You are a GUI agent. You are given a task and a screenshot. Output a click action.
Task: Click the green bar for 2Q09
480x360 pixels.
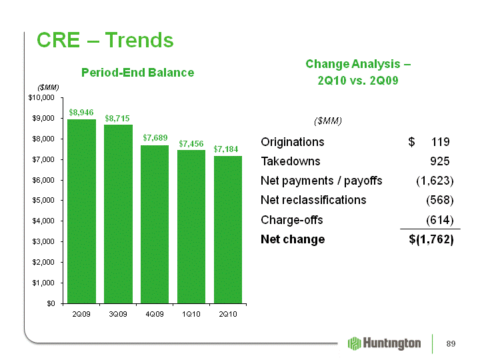[81, 211]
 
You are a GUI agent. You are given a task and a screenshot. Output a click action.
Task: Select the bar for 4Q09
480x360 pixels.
[155, 225]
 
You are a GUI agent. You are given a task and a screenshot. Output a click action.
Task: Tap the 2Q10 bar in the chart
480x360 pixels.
[228, 229]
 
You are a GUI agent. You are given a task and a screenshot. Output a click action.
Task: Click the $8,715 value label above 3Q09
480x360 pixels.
[117, 119]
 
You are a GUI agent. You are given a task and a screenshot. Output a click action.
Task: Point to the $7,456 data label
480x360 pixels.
[191, 143]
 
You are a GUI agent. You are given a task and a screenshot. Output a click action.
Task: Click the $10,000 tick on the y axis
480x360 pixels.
[41, 97]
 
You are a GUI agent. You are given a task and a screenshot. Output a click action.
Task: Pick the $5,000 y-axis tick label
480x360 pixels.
[43, 200]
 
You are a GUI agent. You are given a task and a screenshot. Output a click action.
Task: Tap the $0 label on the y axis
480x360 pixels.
[51, 303]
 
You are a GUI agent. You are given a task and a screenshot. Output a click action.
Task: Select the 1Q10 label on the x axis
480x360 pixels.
[191, 314]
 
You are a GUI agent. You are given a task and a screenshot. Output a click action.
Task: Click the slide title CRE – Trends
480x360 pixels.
[105, 40]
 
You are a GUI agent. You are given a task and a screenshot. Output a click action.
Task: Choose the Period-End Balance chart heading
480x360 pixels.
[138, 73]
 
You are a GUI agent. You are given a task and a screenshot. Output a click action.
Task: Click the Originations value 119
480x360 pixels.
[441, 142]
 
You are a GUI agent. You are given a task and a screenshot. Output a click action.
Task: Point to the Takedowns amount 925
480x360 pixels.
[440, 161]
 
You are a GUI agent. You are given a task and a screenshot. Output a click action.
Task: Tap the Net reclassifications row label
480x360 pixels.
[313, 200]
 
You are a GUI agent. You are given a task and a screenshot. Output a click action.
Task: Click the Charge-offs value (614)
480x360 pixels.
[440, 220]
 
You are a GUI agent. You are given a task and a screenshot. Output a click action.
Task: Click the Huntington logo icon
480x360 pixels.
[355, 343]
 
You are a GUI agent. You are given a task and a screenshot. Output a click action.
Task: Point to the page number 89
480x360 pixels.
[451, 344]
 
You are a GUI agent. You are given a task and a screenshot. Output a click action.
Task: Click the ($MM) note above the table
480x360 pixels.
[328, 121]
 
